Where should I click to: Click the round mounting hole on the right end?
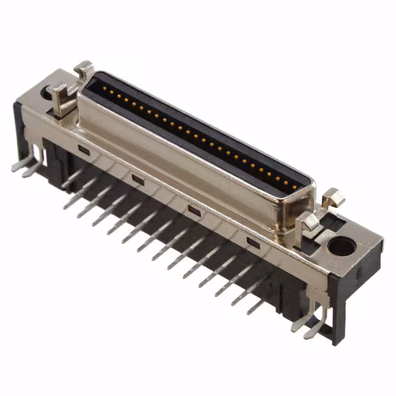coord(341,246)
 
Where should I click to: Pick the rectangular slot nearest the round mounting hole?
coord(252,242)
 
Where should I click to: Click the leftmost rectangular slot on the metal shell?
coord(83,150)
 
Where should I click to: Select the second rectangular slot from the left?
coord(138,179)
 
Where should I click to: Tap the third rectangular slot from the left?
coord(194,210)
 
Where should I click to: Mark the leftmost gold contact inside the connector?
coord(103,88)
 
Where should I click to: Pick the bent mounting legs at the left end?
coord(25,166)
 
